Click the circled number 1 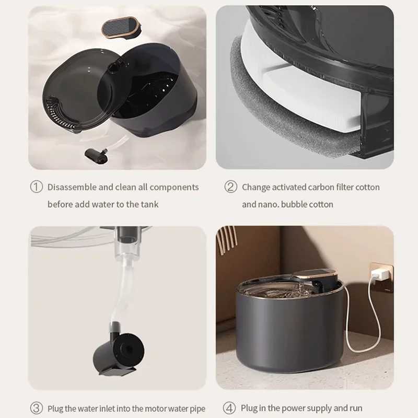pyautogui.click(x=36, y=187)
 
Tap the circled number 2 pyautogui.click(x=231, y=187)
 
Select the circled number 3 pyautogui.click(x=36, y=408)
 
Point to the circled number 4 pyautogui.click(x=230, y=408)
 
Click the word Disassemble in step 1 pyautogui.click(x=72, y=187)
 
